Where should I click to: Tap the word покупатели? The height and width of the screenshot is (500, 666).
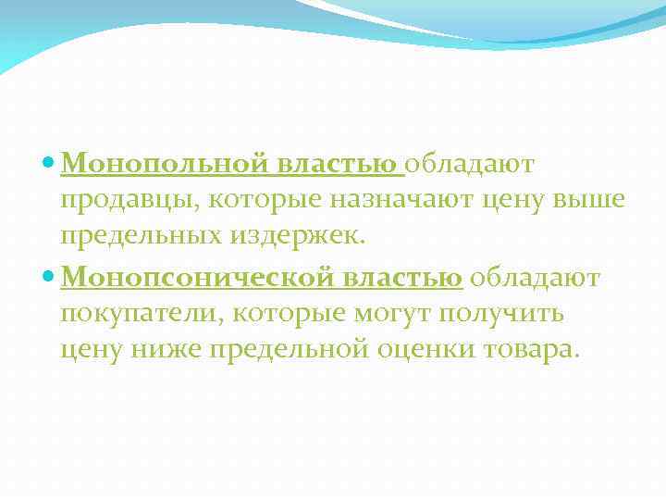(139, 313)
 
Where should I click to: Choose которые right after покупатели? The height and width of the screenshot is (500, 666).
(282, 313)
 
